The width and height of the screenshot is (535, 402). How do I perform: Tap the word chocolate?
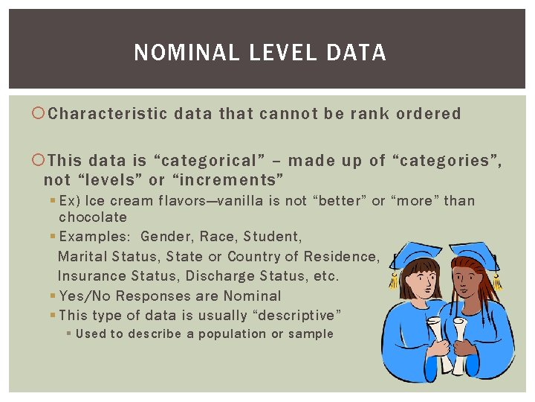93,217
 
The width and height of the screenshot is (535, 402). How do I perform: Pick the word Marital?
81,257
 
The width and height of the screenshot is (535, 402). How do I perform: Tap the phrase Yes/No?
82,296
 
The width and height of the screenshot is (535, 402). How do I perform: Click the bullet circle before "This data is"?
39,160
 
